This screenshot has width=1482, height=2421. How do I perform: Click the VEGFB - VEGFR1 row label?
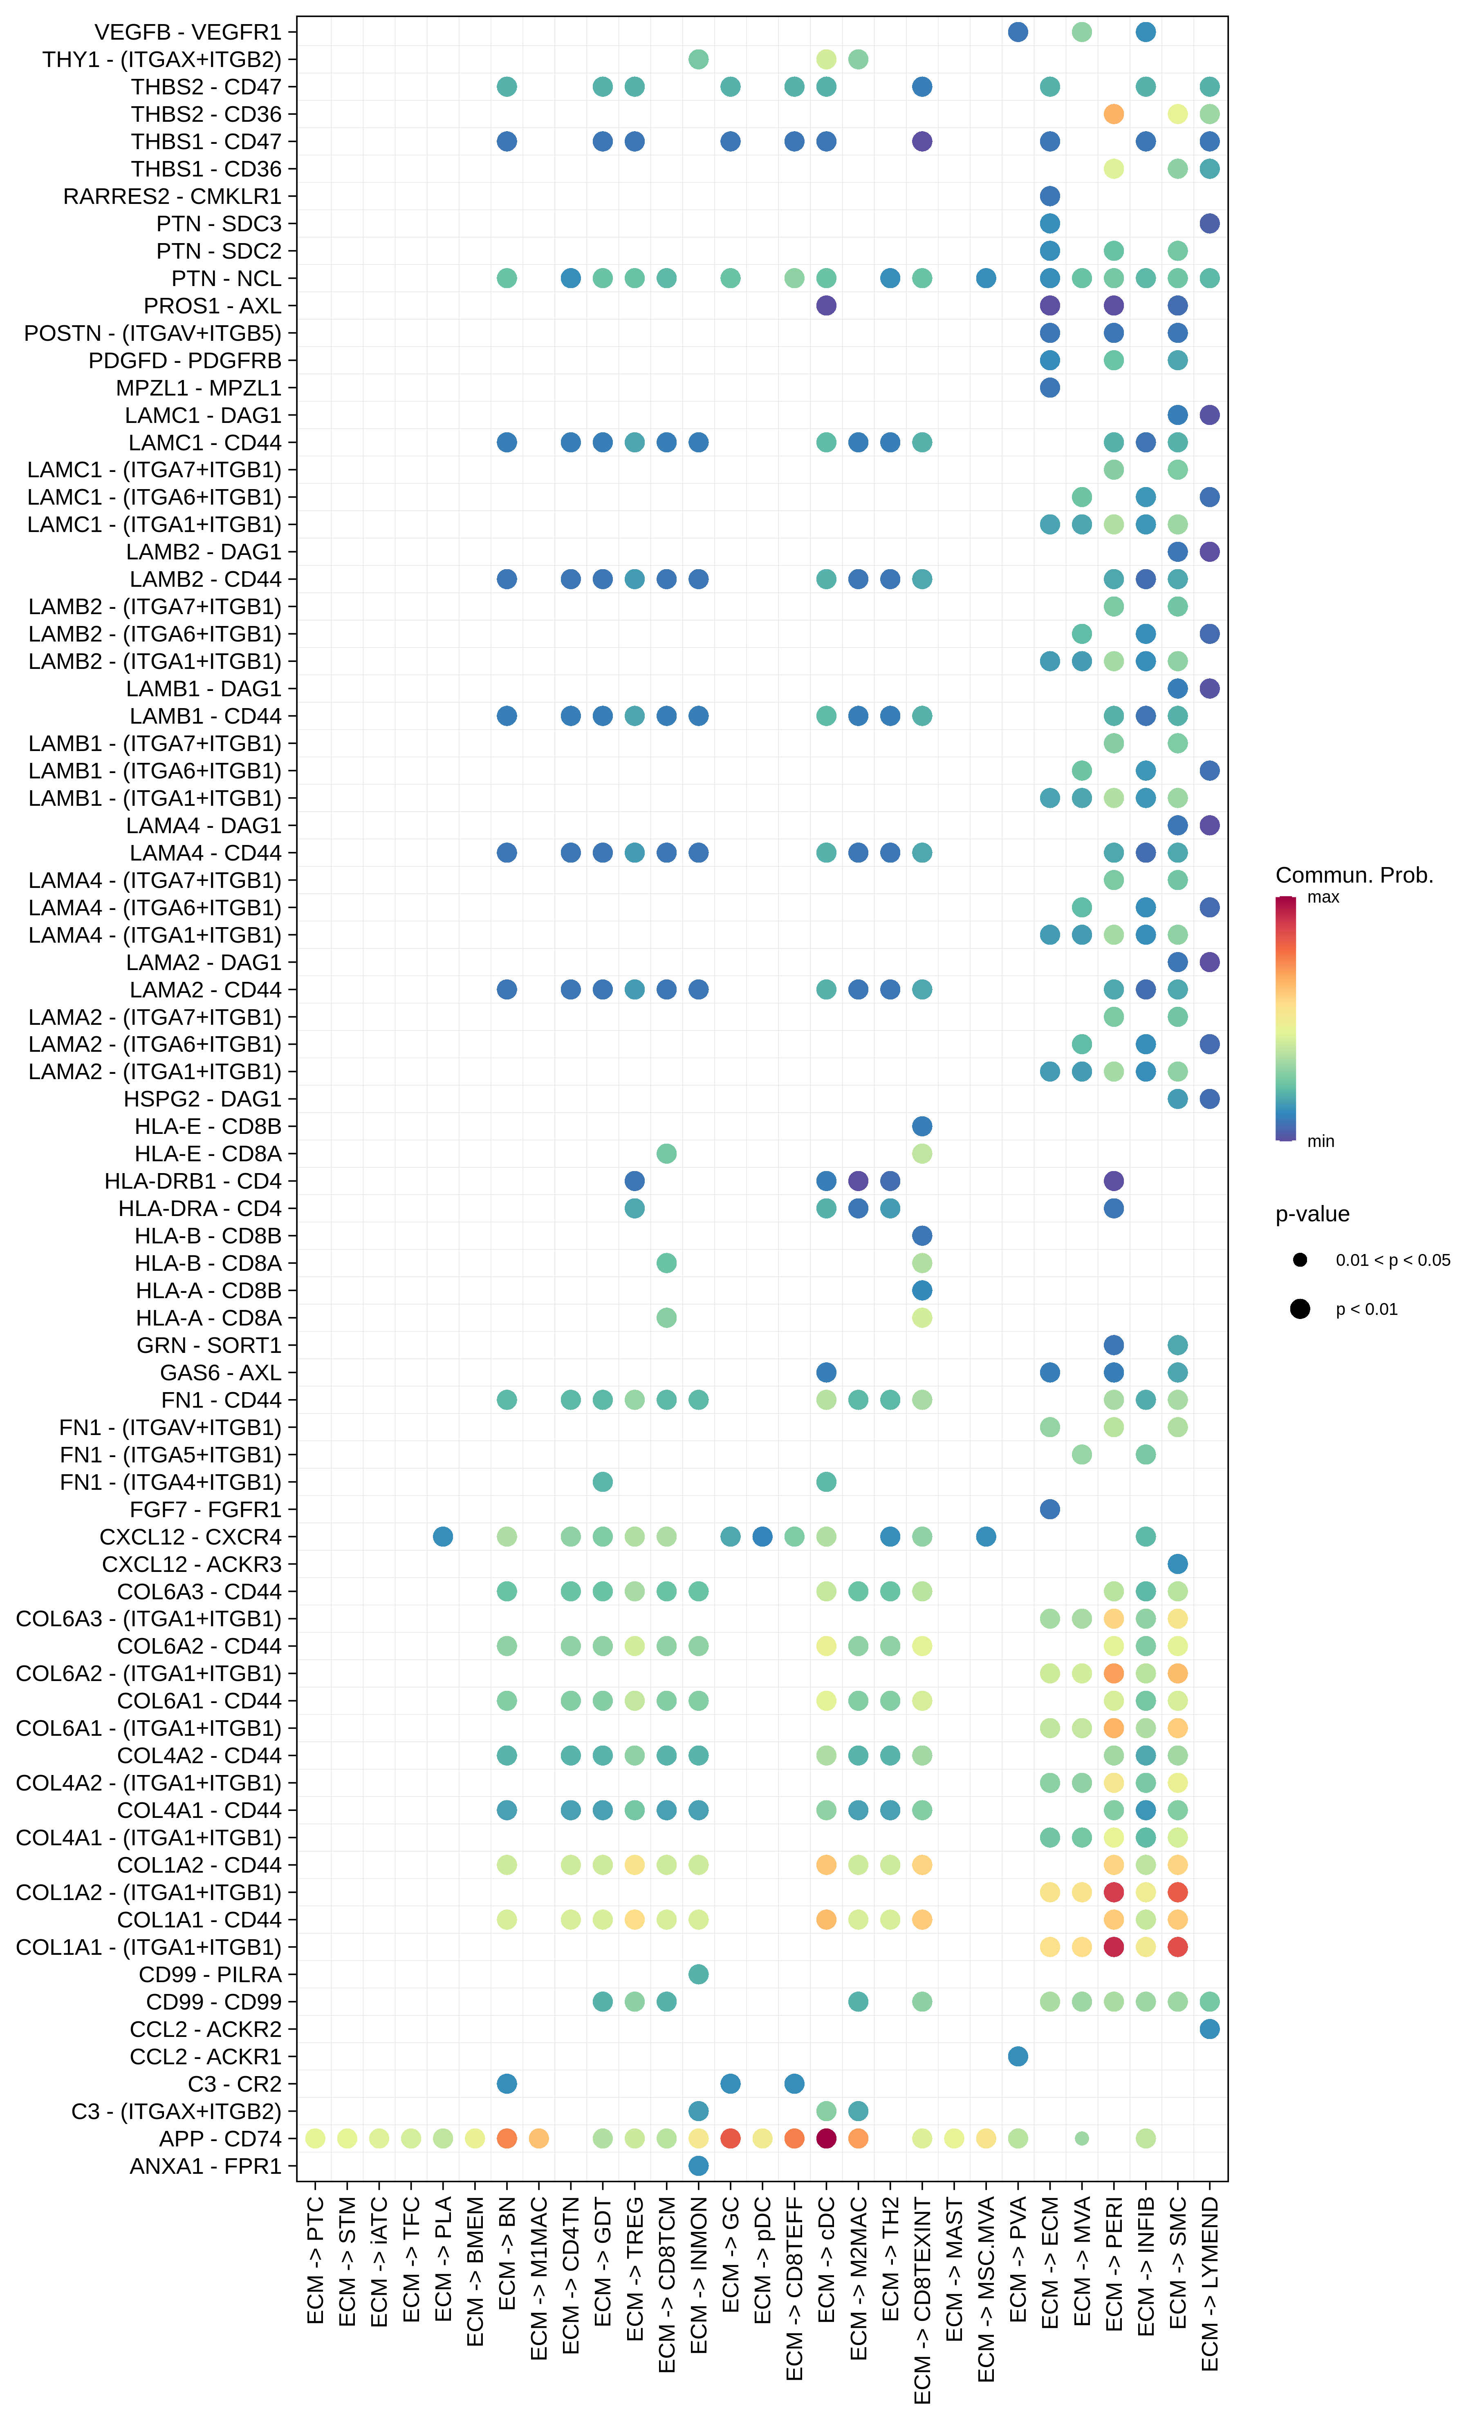pyautogui.click(x=188, y=32)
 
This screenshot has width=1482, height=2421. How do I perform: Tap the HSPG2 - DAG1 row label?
pyautogui.click(x=202, y=1100)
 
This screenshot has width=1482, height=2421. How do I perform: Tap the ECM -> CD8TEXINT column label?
pyautogui.click(x=922, y=2299)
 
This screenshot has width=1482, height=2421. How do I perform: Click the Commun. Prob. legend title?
pyautogui.click(x=1353, y=876)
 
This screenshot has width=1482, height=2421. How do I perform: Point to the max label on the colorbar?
pyautogui.click(x=1323, y=897)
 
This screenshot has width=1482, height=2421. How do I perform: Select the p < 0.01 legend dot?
pyautogui.click(x=1300, y=1309)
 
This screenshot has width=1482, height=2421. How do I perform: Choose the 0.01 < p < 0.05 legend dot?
pyautogui.click(x=1300, y=1260)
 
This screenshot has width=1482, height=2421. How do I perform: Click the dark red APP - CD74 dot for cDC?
pyautogui.click(x=827, y=2139)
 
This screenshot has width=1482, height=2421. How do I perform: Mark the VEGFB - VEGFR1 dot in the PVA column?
pyautogui.click(x=1018, y=32)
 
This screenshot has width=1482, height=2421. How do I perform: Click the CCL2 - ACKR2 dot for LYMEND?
pyautogui.click(x=1210, y=2029)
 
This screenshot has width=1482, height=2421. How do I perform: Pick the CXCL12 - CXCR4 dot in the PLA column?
pyautogui.click(x=443, y=1537)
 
